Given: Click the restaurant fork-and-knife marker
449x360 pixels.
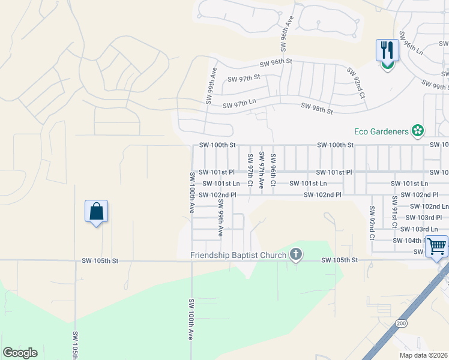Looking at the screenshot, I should click(x=387, y=51).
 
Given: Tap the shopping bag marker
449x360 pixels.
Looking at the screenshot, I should click(x=96, y=211).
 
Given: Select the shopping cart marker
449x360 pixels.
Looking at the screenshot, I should click(x=436, y=245).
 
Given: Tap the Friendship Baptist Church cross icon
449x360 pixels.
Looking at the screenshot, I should click(x=295, y=255).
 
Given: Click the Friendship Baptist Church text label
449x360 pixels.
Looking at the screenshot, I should click(x=238, y=255).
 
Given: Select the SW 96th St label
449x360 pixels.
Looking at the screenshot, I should click(x=276, y=62).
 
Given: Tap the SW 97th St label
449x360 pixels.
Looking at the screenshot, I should click(x=244, y=77).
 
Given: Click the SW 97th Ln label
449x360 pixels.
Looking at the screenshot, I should click(x=240, y=105).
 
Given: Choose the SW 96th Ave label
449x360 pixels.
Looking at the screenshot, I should click(x=287, y=34).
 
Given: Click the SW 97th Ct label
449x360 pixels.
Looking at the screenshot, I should click(x=250, y=170).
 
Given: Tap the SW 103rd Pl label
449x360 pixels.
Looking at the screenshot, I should click(x=424, y=217).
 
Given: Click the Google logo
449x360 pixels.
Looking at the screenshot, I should click(x=20, y=353).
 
